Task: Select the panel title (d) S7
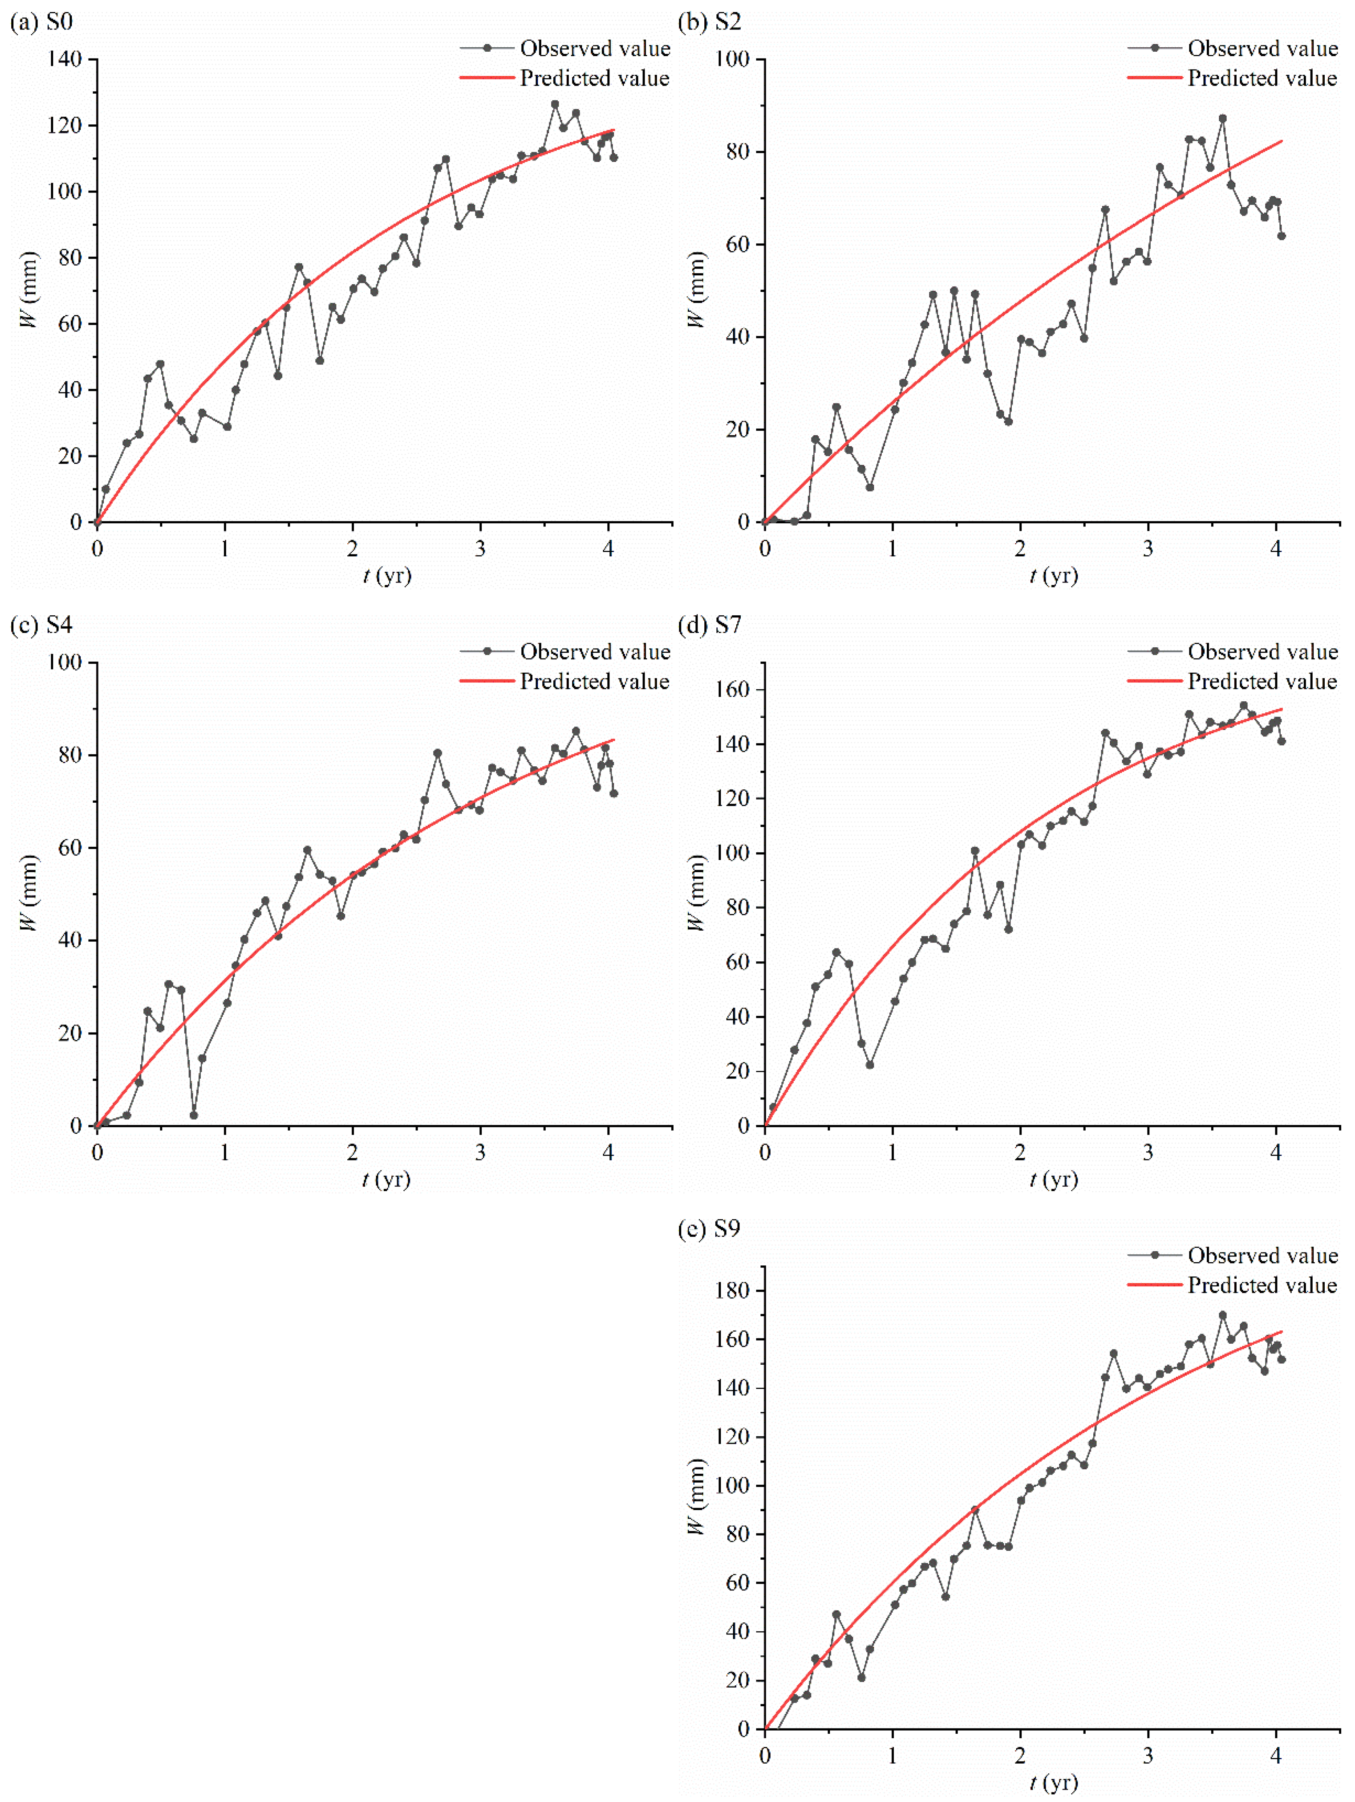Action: [x=709, y=625]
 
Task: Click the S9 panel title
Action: [x=709, y=1229]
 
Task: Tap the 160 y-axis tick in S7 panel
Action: [x=732, y=689]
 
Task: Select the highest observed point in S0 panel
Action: [x=555, y=104]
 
